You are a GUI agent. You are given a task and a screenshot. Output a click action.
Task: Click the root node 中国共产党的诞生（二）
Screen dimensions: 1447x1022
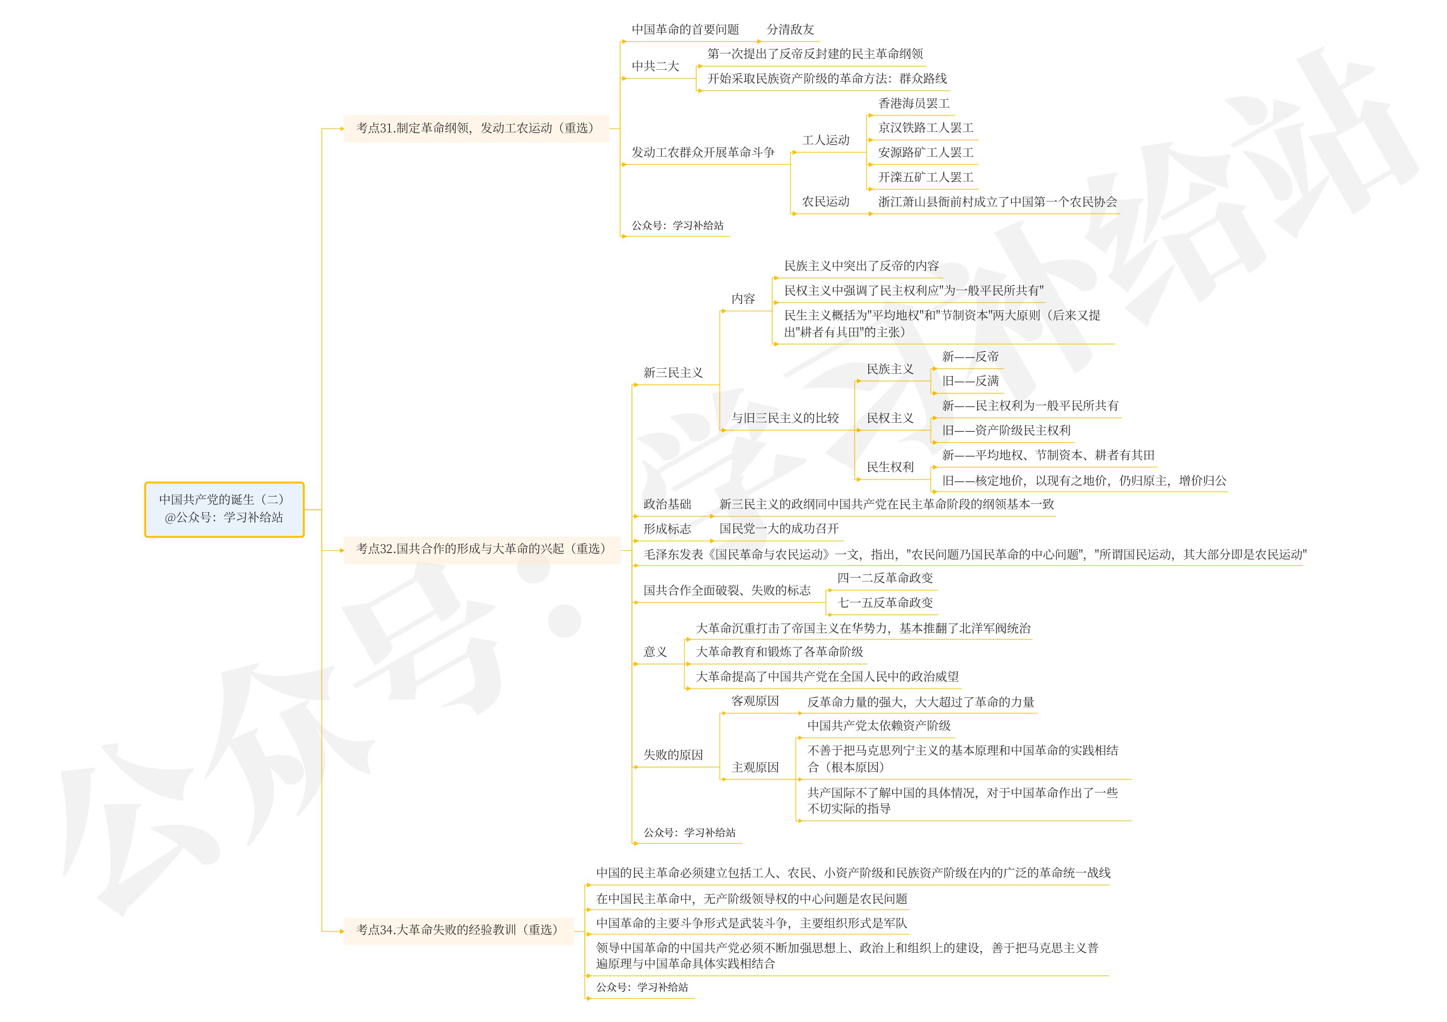coord(224,509)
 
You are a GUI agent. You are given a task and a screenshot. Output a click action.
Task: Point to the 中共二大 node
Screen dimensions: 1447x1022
coord(655,66)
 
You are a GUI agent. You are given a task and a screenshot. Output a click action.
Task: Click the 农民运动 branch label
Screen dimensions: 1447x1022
coord(826,202)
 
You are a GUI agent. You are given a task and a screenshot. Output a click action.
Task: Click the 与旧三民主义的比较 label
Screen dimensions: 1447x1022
coord(785,418)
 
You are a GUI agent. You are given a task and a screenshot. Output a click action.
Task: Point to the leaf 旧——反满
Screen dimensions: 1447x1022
coord(971,381)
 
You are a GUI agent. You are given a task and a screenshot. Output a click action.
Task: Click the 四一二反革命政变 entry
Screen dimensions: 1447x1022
coord(885,578)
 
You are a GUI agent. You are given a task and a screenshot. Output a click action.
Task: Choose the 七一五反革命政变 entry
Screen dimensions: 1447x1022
coord(885,603)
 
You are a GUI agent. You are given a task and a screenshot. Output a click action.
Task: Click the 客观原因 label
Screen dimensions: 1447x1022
coord(755,701)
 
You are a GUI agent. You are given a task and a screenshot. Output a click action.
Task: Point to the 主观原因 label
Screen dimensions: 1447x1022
coord(755,768)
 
